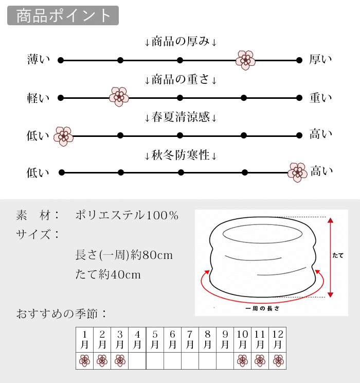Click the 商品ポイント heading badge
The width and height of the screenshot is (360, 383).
pos(63,15)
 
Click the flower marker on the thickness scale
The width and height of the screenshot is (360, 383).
pos(245,60)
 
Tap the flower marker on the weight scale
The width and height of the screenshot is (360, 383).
pos(119,97)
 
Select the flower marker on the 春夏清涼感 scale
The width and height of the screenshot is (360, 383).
pos(64,136)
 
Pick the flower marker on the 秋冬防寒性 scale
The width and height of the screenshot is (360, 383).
pos(297,172)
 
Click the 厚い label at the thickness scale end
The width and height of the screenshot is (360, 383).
pos(320,60)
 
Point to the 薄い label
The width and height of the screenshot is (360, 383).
pos(39,60)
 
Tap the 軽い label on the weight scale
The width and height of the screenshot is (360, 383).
pos(39,98)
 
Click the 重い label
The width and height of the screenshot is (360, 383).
pos(320,98)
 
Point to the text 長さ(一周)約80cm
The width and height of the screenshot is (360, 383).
pos(124,255)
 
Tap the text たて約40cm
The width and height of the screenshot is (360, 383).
pos(108,274)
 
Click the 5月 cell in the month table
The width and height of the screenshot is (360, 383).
pos(155,339)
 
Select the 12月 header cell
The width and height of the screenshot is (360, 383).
pos(278,339)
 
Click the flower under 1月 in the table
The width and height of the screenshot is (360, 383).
pos(85,361)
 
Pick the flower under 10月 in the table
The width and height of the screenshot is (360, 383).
pos(242,361)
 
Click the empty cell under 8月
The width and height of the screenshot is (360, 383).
pos(207,361)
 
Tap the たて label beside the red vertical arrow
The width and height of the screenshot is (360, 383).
pos(338,255)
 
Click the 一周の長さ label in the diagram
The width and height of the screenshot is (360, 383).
pos(262,308)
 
